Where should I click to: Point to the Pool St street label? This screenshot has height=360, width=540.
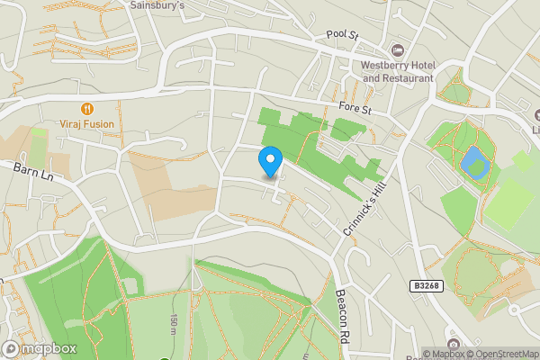342,35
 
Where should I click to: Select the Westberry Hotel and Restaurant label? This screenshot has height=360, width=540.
397,71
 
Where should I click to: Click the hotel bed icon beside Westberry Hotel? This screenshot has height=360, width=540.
397,49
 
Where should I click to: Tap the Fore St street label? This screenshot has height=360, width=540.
355,107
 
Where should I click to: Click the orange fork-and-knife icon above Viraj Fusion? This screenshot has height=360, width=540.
86,107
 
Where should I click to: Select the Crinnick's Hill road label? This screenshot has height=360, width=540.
364,208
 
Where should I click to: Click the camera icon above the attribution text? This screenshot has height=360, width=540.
451,345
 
